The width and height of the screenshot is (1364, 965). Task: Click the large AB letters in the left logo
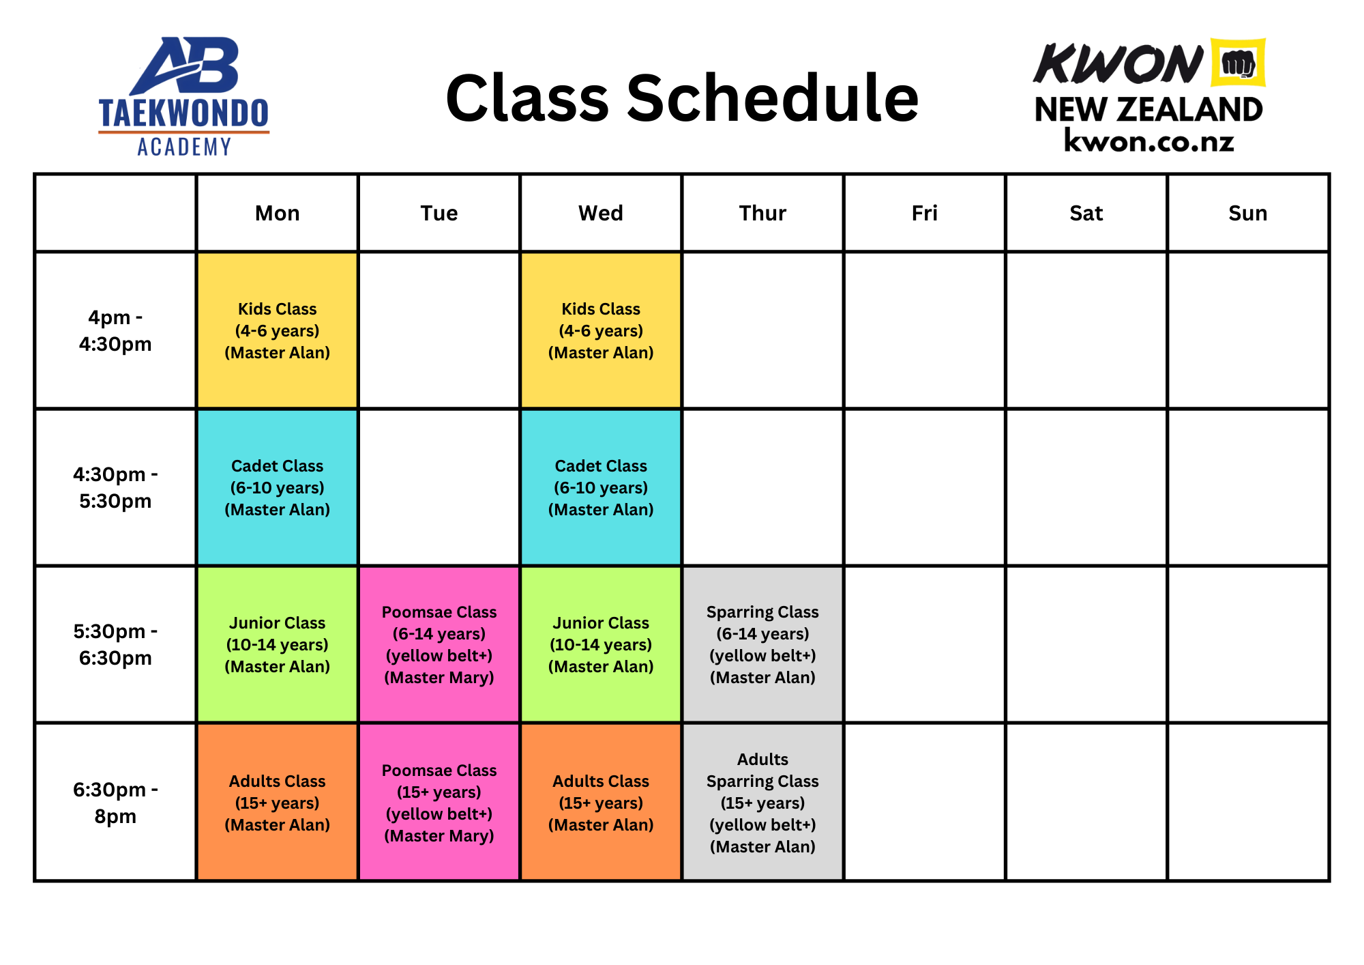pyautogui.click(x=188, y=66)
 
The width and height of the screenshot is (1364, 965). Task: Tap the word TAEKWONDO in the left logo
pyautogui.click(x=183, y=114)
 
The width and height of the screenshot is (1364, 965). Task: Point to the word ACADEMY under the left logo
pyautogui.click(x=183, y=147)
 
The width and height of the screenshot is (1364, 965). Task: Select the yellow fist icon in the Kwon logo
pyautogui.click(x=1238, y=63)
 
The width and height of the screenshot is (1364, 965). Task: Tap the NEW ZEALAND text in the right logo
pyautogui.click(x=1148, y=110)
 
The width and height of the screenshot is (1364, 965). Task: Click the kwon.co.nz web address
pyautogui.click(x=1148, y=142)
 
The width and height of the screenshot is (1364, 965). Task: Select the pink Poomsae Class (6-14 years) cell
pyautogui.click(x=439, y=644)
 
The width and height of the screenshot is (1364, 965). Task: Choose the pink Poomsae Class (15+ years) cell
pyautogui.click(x=439, y=802)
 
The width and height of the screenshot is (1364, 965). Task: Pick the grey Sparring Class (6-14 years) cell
pyautogui.click(x=762, y=644)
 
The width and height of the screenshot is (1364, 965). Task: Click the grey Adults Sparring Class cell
pyautogui.click(x=762, y=802)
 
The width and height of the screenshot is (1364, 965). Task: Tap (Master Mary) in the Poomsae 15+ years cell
pyautogui.click(x=439, y=836)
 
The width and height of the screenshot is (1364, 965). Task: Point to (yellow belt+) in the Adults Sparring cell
pyautogui.click(x=762, y=825)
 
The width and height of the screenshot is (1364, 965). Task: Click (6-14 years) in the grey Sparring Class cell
pyautogui.click(x=762, y=634)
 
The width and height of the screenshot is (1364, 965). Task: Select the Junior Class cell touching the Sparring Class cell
pyautogui.click(x=601, y=644)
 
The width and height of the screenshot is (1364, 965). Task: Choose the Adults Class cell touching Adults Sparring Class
pyautogui.click(x=601, y=802)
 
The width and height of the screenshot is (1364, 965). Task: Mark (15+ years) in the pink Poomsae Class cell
pyautogui.click(x=439, y=792)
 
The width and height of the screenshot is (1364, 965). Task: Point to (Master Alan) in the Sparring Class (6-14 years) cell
pyautogui.click(x=762, y=678)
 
